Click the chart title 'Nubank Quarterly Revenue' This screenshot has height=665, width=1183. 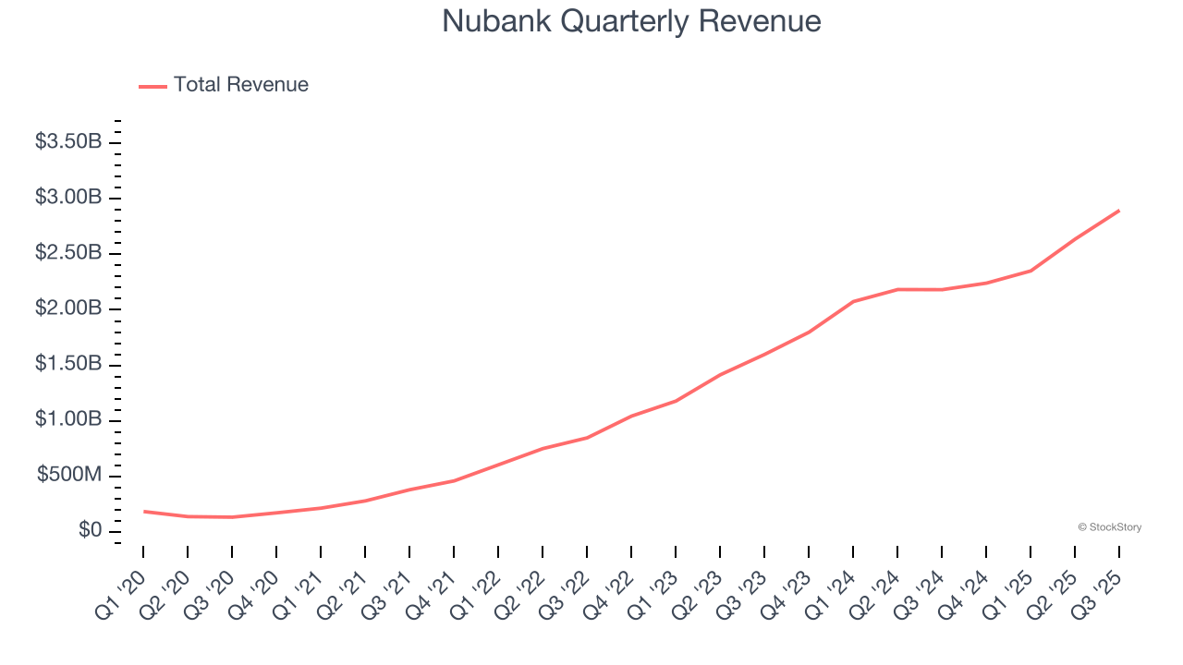pyautogui.click(x=631, y=21)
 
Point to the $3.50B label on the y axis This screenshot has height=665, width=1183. pyautogui.click(x=68, y=142)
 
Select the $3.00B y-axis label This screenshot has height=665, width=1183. pyautogui.click(x=68, y=198)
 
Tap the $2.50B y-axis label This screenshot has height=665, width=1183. pyautogui.click(x=68, y=253)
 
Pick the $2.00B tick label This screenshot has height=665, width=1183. pyautogui.click(x=68, y=308)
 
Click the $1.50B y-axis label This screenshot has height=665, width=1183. pyautogui.click(x=68, y=365)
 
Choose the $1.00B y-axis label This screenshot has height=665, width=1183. pyautogui.click(x=68, y=420)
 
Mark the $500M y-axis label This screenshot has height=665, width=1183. pyautogui.click(x=69, y=476)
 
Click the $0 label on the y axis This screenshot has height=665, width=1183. pyautogui.click(x=90, y=531)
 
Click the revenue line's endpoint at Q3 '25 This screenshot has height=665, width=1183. pyautogui.click(x=1119, y=211)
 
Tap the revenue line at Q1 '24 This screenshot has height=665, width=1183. pyautogui.click(x=853, y=301)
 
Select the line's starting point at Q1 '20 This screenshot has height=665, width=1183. pyautogui.click(x=144, y=511)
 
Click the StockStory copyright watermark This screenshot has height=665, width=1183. pyautogui.click(x=1109, y=527)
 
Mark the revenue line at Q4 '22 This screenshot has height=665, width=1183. pyautogui.click(x=631, y=416)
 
